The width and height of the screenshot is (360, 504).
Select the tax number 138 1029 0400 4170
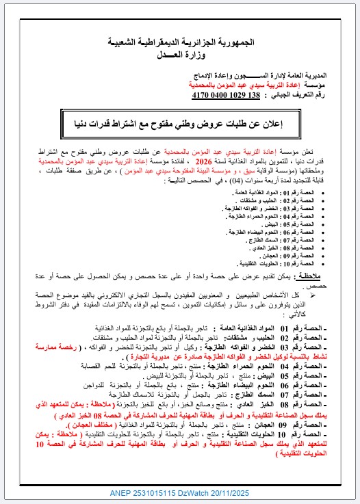(x=227, y=95)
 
